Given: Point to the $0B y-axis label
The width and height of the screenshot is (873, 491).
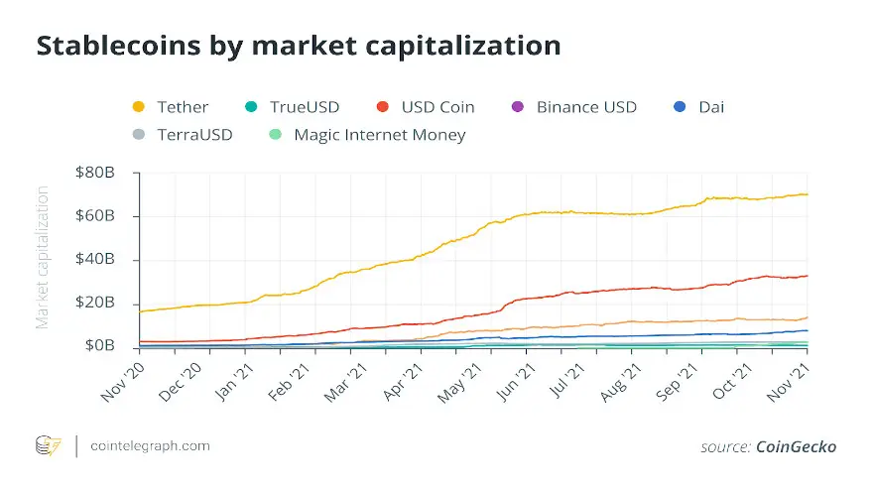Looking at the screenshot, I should [x=98, y=346].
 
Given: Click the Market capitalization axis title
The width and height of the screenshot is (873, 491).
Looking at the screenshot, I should [x=43, y=256].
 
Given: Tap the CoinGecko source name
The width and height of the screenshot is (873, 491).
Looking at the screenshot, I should [x=797, y=447].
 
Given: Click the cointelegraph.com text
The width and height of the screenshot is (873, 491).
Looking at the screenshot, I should [x=149, y=446].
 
